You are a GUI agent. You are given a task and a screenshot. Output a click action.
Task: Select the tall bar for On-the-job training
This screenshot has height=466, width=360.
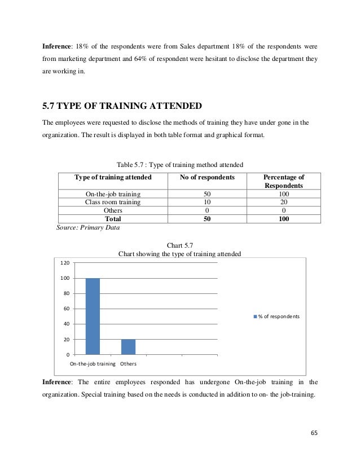point(93,316)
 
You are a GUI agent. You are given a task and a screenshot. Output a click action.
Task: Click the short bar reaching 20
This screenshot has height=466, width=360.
point(128,346)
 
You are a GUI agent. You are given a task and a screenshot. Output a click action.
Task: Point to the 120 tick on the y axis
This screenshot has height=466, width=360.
point(65,263)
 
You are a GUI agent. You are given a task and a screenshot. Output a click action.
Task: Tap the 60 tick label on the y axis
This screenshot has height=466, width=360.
point(66,309)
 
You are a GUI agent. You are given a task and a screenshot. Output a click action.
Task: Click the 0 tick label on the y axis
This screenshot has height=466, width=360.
point(68,354)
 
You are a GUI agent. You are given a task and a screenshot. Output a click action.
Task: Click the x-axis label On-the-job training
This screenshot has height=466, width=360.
point(93,364)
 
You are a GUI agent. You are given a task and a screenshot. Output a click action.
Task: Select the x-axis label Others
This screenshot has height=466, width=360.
point(128,364)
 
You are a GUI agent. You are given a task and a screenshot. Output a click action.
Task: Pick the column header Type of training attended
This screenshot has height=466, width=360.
point(113,177)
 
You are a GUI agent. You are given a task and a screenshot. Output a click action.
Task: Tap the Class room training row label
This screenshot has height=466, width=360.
point(113,202)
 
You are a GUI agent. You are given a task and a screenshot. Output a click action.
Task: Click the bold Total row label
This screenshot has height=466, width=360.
point(113,219)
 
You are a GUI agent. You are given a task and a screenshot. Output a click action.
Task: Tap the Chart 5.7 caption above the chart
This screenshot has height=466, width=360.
point(180,245)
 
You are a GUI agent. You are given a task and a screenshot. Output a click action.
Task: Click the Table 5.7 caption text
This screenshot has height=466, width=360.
point(179,164)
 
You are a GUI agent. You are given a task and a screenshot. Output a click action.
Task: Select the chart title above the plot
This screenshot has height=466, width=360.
point(179,254)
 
